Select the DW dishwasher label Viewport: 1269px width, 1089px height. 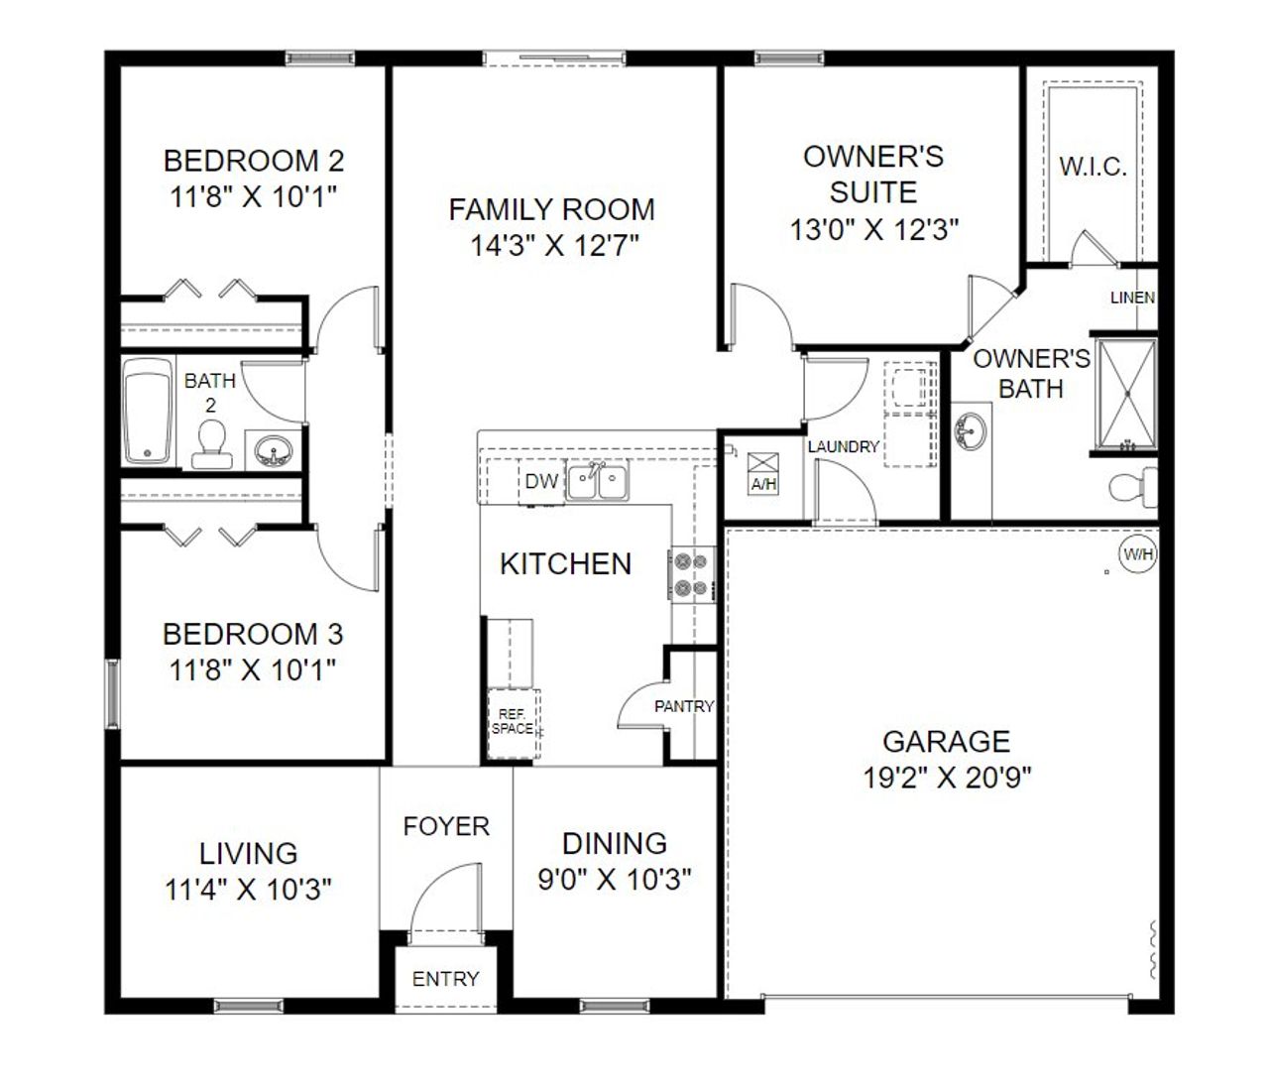(x=541, y=482)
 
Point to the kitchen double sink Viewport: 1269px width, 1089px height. (x=598, y=483)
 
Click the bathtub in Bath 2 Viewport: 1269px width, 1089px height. (x=148, y=412)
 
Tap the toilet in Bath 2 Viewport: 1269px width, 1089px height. (x=210, y=444)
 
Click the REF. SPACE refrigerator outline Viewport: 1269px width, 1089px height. (x=512, y=722)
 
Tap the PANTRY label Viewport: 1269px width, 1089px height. (x=684, y=707)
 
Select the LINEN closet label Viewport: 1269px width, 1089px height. (x=1132, y=298)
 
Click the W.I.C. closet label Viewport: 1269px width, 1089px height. (x=1093, y=167)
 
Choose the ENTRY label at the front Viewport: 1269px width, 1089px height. (x=445, y=979)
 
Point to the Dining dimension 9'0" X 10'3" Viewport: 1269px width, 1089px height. (x=614, y=880)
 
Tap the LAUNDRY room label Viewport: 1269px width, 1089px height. (x=843, y=447)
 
